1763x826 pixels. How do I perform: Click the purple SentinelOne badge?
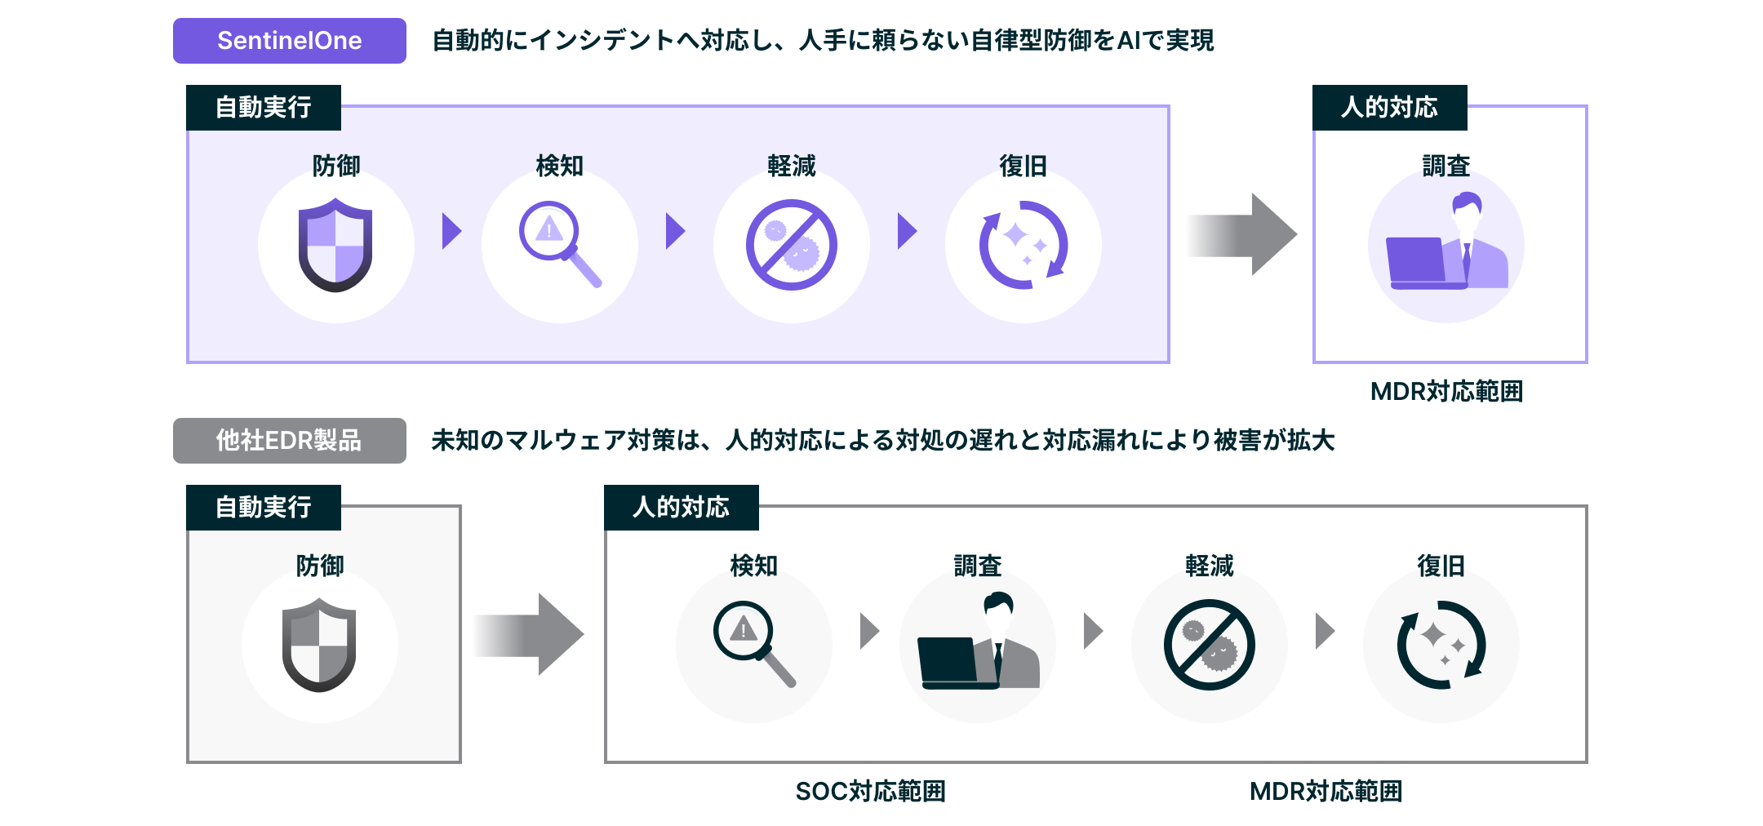click(289, 41)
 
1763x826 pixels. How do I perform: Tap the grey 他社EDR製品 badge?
click(289, 441)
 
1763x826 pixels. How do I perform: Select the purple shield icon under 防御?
click(335, 246)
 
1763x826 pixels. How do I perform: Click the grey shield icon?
click(319, 645)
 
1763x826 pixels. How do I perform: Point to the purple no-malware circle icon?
click(791, 245)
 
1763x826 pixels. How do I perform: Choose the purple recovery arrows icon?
click(1024, 245)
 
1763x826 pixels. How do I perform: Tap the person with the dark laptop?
click(978, 643)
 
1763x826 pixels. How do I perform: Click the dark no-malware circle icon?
click(1209, 644)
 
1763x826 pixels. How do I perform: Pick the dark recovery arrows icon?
click(1441, 644)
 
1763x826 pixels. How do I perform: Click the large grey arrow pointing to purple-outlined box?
click(1240, 235)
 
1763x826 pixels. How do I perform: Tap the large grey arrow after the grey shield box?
click(527, 634)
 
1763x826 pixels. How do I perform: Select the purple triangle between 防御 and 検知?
click(451, 231)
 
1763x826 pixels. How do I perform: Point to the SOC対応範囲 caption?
click(870, 791)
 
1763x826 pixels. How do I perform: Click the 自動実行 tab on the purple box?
click(263, 108)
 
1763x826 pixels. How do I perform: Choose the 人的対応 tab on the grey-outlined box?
click(681, 508)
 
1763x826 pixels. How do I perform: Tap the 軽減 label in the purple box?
click(791, 166)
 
